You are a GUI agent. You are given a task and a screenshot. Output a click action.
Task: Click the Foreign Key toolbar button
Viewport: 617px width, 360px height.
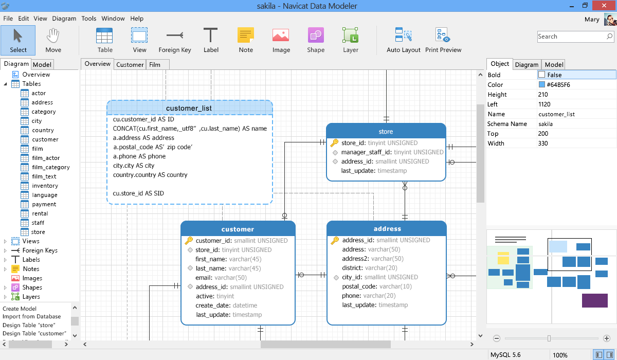175,40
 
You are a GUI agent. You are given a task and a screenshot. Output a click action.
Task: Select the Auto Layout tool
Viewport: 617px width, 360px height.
403,40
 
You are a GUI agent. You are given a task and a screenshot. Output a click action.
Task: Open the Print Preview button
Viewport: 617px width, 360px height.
443,40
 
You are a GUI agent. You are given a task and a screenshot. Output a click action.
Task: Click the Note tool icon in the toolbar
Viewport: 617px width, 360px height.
246,35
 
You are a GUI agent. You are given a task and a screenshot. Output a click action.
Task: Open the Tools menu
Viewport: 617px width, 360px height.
88,19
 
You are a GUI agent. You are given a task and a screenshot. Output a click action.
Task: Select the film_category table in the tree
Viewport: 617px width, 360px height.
51,167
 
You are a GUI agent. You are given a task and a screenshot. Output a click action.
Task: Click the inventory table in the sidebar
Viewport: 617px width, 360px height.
45,186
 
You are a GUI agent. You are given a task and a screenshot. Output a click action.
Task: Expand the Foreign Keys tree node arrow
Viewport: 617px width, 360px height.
5,250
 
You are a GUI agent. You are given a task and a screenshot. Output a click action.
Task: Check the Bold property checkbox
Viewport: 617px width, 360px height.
541,75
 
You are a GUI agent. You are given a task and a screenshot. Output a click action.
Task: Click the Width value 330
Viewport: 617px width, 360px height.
543,143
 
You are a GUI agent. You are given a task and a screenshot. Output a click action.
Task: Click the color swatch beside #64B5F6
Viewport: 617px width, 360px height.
541,84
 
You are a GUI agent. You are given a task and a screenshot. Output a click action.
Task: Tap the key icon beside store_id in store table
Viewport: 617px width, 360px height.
334,142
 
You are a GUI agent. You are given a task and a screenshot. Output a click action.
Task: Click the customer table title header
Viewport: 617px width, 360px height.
238,229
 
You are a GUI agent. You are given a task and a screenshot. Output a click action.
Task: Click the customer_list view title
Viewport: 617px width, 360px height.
189,108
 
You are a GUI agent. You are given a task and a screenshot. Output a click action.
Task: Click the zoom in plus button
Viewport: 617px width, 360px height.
607,338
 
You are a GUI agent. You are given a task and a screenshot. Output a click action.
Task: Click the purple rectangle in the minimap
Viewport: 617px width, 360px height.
595,300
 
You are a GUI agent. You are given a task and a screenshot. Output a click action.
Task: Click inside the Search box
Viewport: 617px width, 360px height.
572,37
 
